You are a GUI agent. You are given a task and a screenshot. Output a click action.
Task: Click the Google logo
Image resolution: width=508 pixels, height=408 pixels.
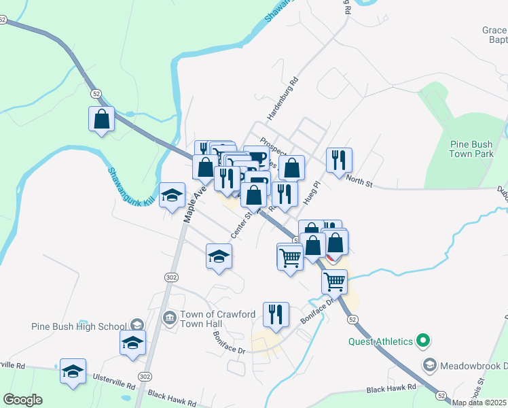(22, 400)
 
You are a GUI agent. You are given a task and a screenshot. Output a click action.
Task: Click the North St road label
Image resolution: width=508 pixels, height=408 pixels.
(360, 182)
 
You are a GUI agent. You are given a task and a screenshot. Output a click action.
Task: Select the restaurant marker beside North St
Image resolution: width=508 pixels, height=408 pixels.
(339, 160)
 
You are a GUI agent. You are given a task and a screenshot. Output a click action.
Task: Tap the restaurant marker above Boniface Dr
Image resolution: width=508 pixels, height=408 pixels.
(275, 314)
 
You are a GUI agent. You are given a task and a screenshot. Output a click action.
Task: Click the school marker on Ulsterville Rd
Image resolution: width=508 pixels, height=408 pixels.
(73, 371)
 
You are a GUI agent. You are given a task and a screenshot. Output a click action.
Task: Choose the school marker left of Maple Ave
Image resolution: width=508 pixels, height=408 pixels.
(173, 196)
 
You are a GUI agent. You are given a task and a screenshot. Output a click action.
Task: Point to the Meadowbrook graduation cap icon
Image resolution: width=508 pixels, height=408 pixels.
(429, 365)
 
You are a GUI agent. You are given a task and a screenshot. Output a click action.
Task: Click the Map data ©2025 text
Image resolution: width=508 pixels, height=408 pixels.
(479, 403)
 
